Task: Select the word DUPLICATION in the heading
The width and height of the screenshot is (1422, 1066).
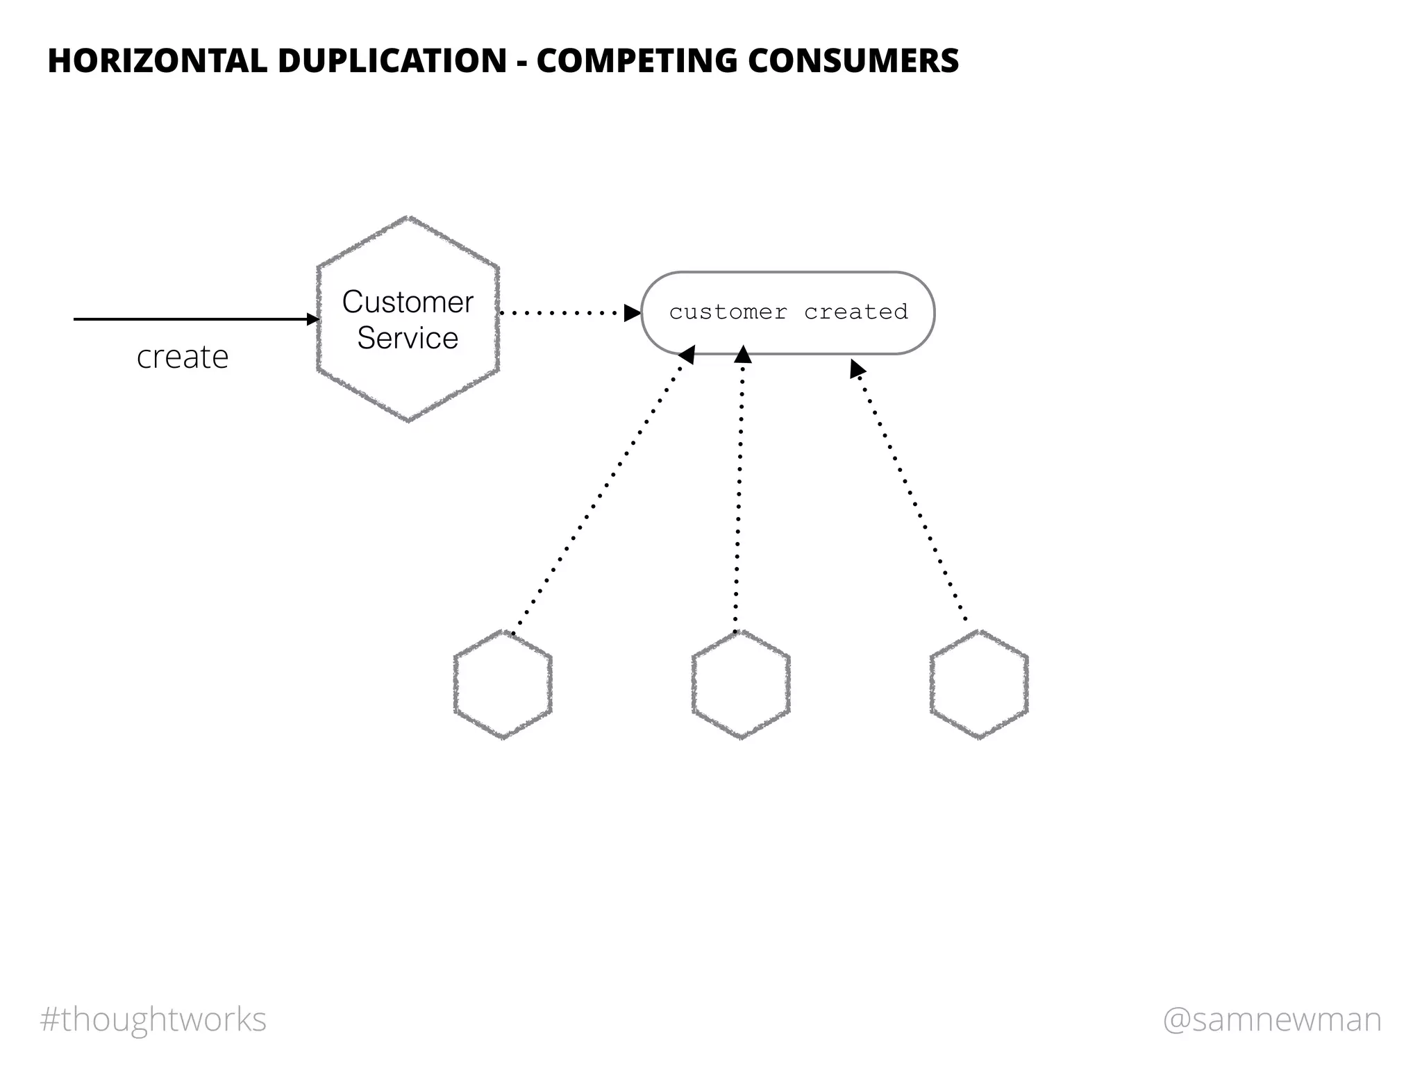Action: (392, 60)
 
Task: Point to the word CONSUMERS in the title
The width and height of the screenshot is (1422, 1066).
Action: (853, 60)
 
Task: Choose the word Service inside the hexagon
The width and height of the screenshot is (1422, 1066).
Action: (408, 339)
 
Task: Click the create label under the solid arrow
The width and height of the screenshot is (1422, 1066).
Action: (183, 357)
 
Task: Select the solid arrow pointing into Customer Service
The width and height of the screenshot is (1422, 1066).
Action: (194, 319)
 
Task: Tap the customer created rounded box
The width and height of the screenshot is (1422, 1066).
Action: (788, 333)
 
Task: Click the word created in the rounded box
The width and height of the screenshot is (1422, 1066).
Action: (855, 312)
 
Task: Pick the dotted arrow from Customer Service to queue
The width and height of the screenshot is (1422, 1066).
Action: (562, 313)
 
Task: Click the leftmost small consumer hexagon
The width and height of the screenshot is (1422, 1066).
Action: (503, 684)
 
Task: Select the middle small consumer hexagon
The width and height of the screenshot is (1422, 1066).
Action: (741, 684)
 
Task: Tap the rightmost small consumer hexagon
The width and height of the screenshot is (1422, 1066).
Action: (979, 684)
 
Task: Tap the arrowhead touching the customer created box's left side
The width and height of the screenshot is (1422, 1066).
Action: (632, 313)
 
